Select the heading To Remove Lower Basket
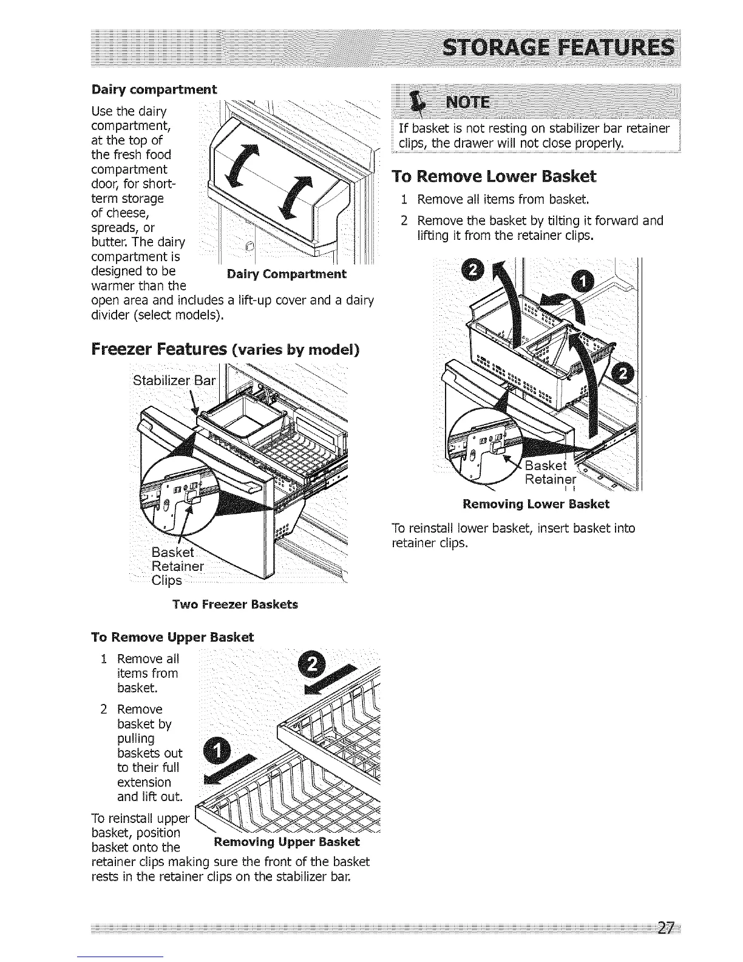(494, 177)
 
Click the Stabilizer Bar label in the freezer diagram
(174, 381)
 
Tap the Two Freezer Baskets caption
(235, 604)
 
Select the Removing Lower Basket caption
(536, 504)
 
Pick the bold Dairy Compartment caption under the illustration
(286, 274)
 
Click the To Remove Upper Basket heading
(172, 637)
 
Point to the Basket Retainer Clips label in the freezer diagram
(176, 566)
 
